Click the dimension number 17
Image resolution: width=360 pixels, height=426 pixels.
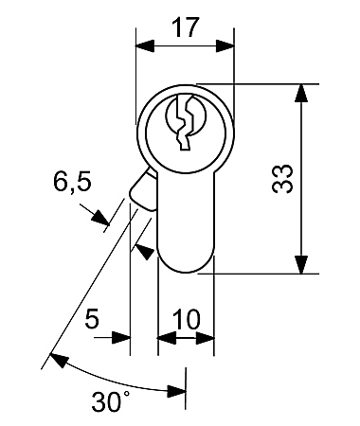[186, 27]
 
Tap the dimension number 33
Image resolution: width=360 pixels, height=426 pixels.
[282, 179]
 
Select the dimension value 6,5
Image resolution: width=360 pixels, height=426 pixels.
[72, 184]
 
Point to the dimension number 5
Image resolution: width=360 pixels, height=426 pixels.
[92, 319]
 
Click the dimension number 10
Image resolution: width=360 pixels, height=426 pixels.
[187, 319]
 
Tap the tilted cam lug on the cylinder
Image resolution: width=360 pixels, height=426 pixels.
[143, 190]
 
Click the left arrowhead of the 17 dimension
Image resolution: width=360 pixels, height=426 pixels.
[145, 46]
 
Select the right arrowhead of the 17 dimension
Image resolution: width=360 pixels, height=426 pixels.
[225, 46]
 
